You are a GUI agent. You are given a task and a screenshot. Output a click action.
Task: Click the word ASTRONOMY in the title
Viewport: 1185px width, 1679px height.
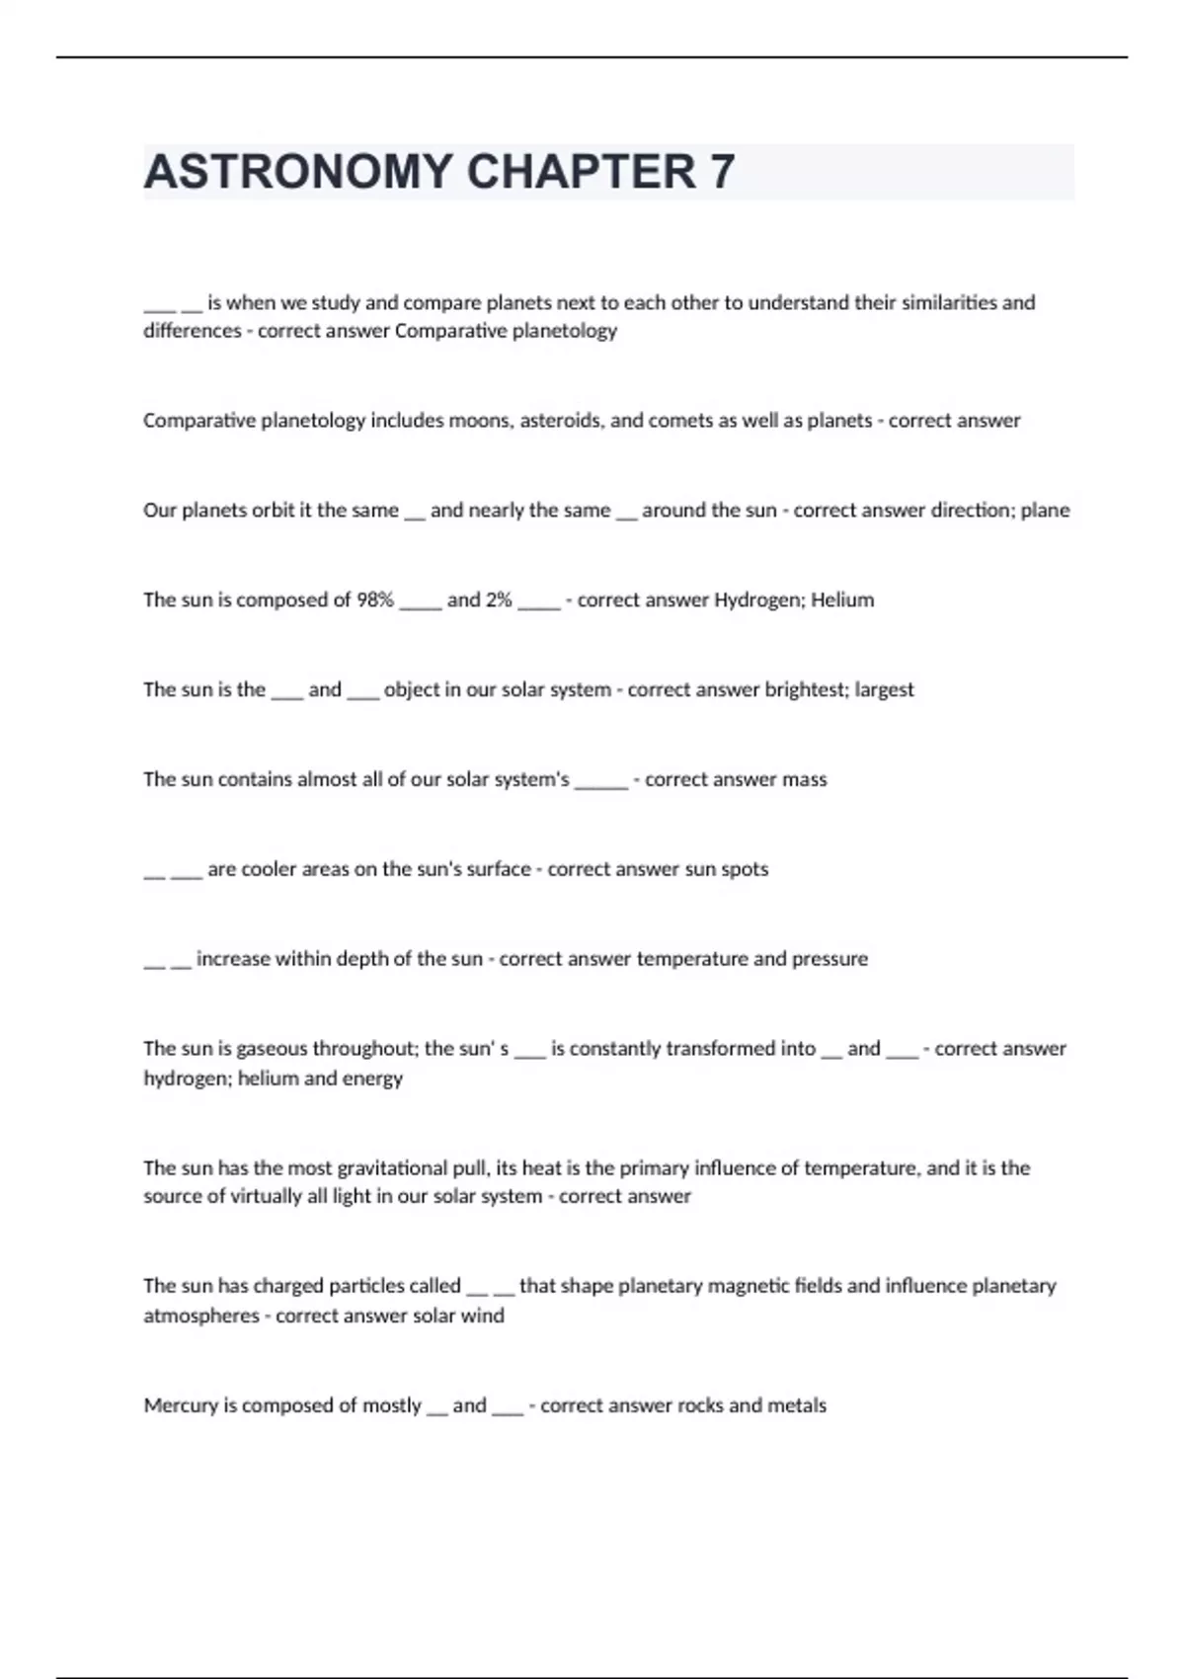(298, 172)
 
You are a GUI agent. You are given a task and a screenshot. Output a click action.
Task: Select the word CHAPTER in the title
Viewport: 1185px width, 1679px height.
(582, 172)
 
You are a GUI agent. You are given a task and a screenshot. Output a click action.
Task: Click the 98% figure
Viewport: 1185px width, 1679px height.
(374, 600)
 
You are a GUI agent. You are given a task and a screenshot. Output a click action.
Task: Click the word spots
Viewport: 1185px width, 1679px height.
(745, 869)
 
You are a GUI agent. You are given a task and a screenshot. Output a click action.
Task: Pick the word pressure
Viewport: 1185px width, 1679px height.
(830, 959)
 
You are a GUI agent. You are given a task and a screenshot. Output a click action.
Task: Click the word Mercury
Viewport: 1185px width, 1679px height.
(180, 1405)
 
